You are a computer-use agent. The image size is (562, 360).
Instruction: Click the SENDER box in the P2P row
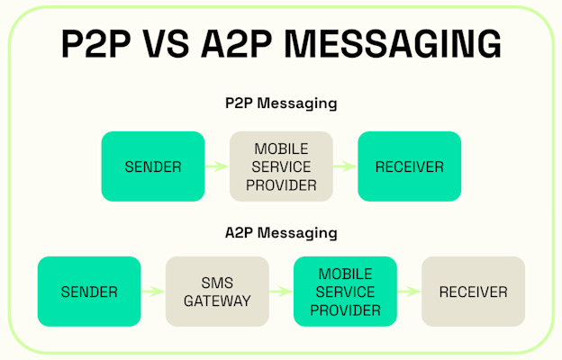(153, 166)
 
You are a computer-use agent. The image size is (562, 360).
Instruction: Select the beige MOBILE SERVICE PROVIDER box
(281, 166)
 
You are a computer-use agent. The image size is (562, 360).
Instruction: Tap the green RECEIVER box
(409, 166)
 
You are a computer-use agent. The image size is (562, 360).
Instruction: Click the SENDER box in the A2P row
(89, 292)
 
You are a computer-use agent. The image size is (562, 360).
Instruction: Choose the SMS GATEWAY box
(217, 292)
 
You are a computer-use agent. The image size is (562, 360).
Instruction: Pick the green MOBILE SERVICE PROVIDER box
(345, 292)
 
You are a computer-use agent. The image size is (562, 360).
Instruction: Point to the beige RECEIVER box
(473, 292)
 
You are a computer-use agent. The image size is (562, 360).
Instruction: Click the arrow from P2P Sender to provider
(217, 166)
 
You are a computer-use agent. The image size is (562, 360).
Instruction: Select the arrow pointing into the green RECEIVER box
(345, 166)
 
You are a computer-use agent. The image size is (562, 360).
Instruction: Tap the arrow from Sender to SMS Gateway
(153, 292)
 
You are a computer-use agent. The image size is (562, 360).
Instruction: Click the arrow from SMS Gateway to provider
(281, 292)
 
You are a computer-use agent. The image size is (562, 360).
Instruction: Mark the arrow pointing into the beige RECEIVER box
(409, 292)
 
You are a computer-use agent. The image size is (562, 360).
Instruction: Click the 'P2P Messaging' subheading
(281, 103)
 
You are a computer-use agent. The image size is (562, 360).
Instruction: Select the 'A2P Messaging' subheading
(281, 233)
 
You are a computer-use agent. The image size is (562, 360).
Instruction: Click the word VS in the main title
(184, 43)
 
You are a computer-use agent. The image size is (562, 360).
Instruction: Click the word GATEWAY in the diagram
(217, 301)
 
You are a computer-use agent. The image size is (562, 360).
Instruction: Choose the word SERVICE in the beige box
(281, 166)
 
